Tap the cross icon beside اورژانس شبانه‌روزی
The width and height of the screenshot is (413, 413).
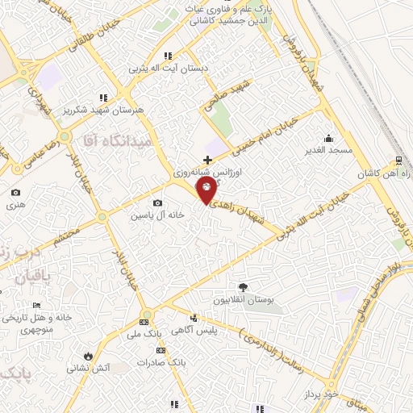208,160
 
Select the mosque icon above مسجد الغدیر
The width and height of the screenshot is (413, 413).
327,137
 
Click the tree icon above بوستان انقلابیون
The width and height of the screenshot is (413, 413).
244,286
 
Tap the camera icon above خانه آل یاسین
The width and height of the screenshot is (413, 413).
156,202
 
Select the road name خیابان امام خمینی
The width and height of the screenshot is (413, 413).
266,134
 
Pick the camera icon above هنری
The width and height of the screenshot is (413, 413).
16,192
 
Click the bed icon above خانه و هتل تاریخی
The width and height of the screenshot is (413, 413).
35,305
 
